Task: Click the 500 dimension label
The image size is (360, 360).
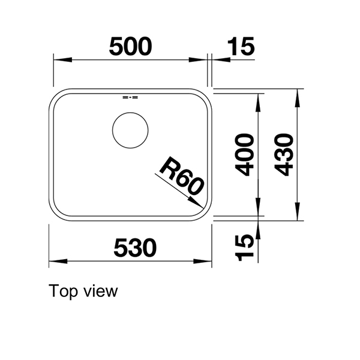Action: coord(130,46)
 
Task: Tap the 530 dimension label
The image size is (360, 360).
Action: coord(133,247)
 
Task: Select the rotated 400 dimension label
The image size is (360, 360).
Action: coord(244,155)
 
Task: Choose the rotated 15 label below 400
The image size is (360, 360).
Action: coord(244,247)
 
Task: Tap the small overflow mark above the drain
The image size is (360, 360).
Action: coord(130,97)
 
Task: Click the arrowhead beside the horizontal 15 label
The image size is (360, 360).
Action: coord(218,60)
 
